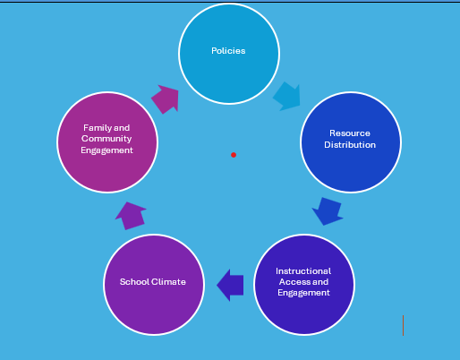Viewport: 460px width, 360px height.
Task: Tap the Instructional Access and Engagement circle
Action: pos(303,284)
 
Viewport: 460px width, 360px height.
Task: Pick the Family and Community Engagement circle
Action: pos(106,141)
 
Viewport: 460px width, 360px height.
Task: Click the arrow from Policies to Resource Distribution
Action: pos(287,95)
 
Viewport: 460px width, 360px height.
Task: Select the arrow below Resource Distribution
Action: pos(328,212)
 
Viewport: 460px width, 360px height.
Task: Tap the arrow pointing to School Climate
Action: pos(231,285)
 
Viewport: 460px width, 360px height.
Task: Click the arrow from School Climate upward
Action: pos(131,216)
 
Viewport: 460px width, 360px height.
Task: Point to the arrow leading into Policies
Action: pos(166,98)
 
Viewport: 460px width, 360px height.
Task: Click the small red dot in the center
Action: pos(234,155)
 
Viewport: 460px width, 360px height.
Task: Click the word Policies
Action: pos(228,51)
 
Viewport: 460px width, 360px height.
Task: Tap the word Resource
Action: pos(349,133)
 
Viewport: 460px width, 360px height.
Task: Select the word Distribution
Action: pos(350,145)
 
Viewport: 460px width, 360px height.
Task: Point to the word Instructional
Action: pos(303,270)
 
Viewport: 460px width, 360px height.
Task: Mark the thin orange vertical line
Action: pos(404,325)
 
